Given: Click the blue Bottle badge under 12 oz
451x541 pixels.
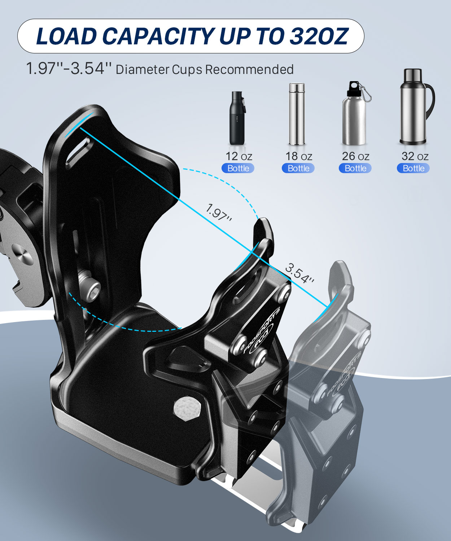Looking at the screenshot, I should (238, 168).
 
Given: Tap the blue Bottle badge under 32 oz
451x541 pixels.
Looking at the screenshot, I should (413, 168).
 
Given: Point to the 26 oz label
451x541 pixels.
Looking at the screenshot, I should (355, 156).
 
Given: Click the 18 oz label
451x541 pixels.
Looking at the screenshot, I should (298, 156).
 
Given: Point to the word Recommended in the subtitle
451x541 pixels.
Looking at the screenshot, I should (249, 69).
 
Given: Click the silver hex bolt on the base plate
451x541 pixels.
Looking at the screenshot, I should (186, 409).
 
